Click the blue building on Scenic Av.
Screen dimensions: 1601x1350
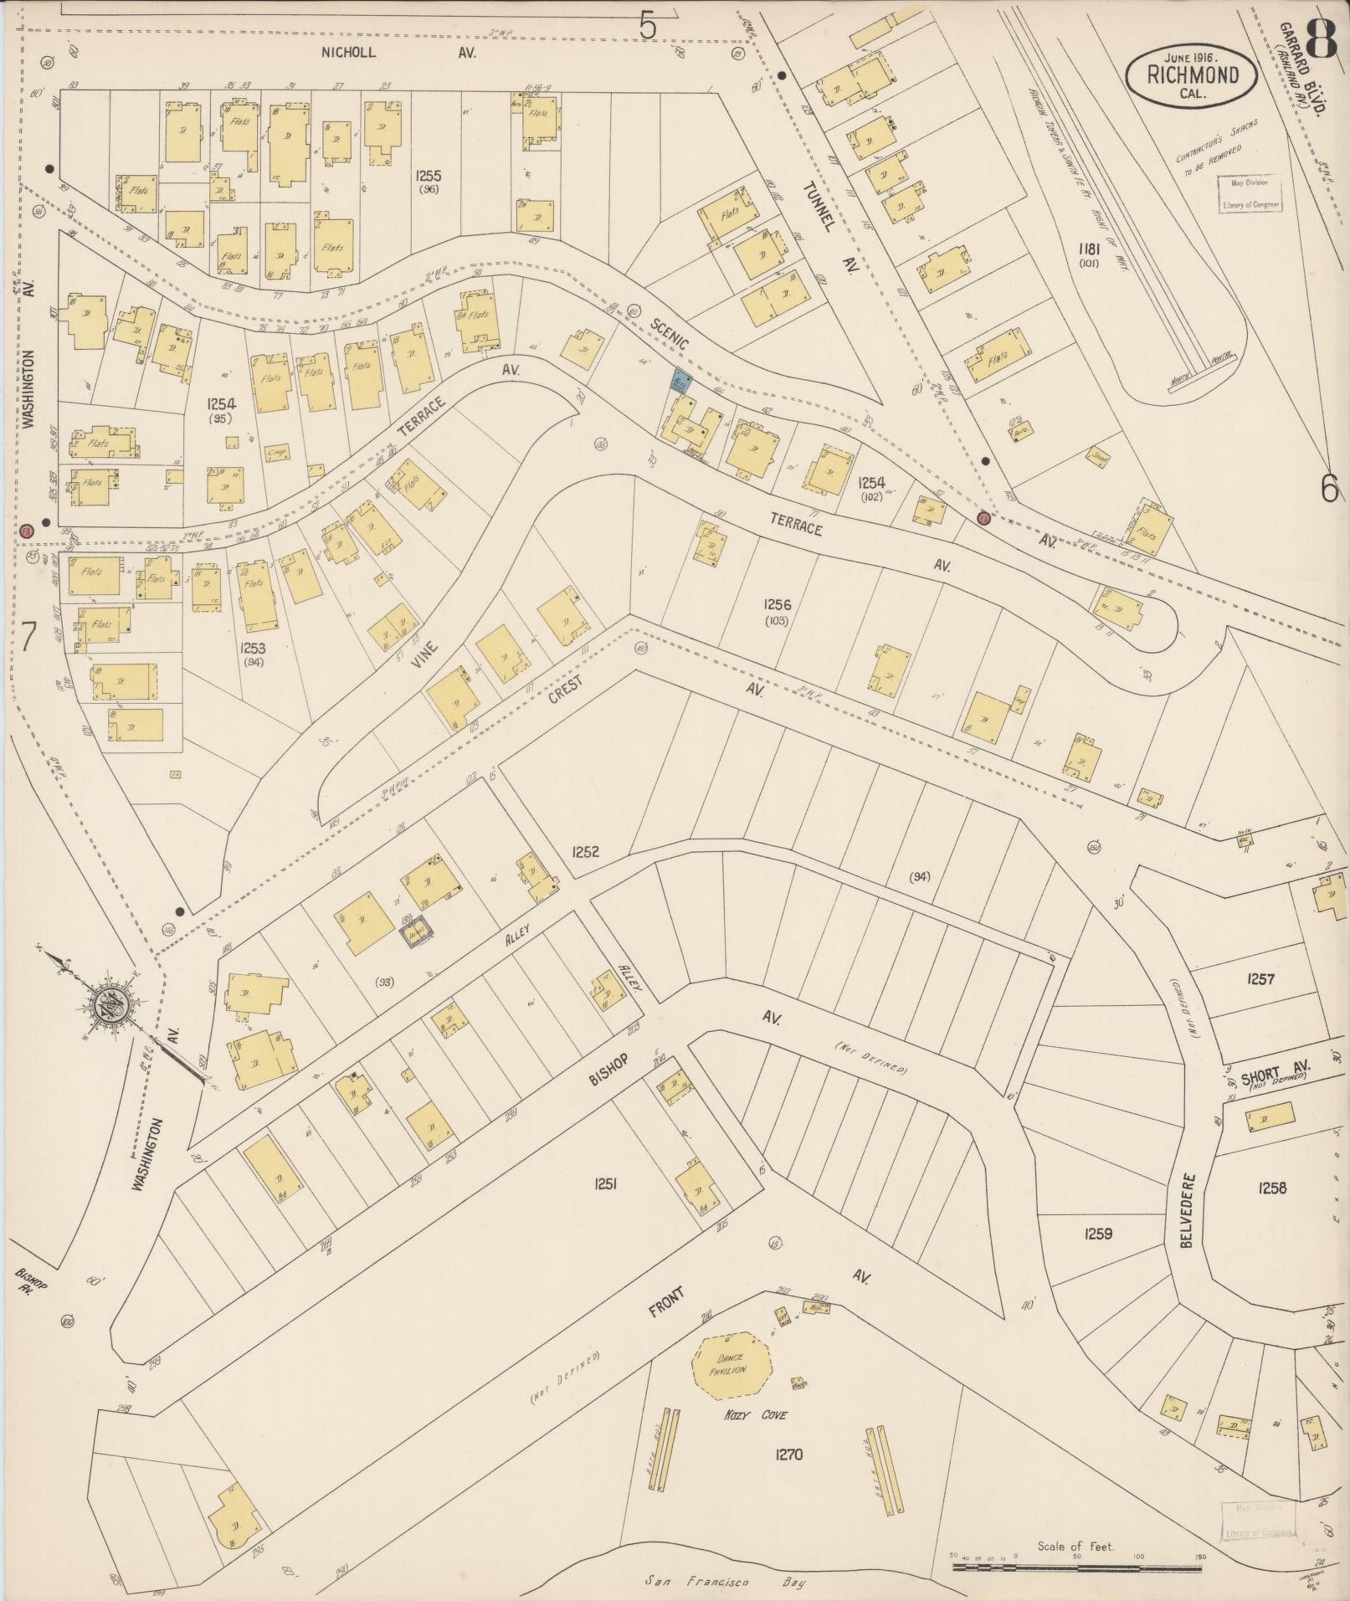click(681, 382)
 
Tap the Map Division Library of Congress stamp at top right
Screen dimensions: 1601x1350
click(1250, 193)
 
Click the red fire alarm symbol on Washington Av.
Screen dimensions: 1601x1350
click(27, 531)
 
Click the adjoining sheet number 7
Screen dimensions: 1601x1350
click(28, 638)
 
